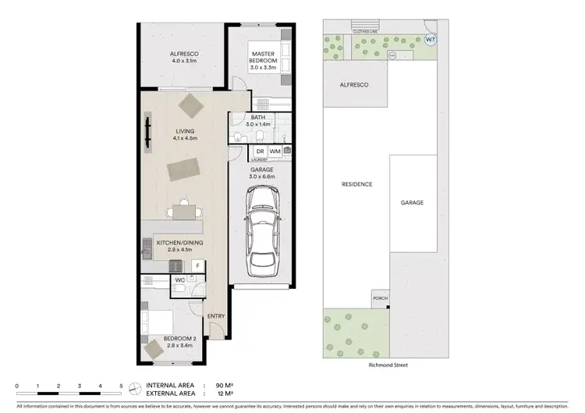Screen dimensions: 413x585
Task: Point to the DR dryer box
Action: pos(261,151)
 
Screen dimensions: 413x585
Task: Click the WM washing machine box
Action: pos(275,151)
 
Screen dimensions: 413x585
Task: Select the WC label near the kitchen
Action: pos(179,279)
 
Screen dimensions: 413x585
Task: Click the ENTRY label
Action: pos(216,315)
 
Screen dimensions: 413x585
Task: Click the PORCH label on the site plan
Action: pos(380,297)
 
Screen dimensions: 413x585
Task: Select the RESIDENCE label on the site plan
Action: pos(356,185)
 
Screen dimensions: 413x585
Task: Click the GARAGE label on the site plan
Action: pos(412,202)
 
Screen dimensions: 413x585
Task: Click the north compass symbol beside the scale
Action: pos(136,387)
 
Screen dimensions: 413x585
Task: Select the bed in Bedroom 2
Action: pos(158,322)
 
